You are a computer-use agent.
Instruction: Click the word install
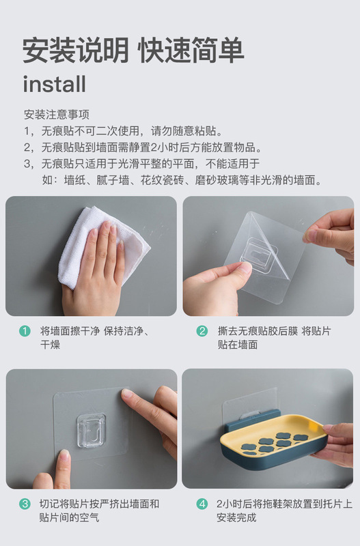(55, 84)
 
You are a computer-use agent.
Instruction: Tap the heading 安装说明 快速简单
(133, 50)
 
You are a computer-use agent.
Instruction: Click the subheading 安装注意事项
(57, 115)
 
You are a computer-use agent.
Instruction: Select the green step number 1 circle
(25, 331)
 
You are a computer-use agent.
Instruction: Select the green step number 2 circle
(202, 331)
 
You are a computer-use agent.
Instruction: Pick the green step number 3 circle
(25, 504)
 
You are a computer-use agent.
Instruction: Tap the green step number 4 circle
(202, 504)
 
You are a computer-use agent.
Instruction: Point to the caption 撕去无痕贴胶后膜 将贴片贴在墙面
(274, 337)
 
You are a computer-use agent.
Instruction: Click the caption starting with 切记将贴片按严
(99, 511)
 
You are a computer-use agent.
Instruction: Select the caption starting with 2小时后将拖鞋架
(284, 511)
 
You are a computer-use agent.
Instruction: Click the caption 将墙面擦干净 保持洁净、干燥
(95, 337)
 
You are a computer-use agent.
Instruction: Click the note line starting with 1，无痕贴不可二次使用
(124, 131)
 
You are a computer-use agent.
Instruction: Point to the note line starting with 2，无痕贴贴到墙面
(143, 147)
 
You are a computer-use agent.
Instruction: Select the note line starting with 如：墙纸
(182, 180)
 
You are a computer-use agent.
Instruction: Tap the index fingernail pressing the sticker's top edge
(126, 393)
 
